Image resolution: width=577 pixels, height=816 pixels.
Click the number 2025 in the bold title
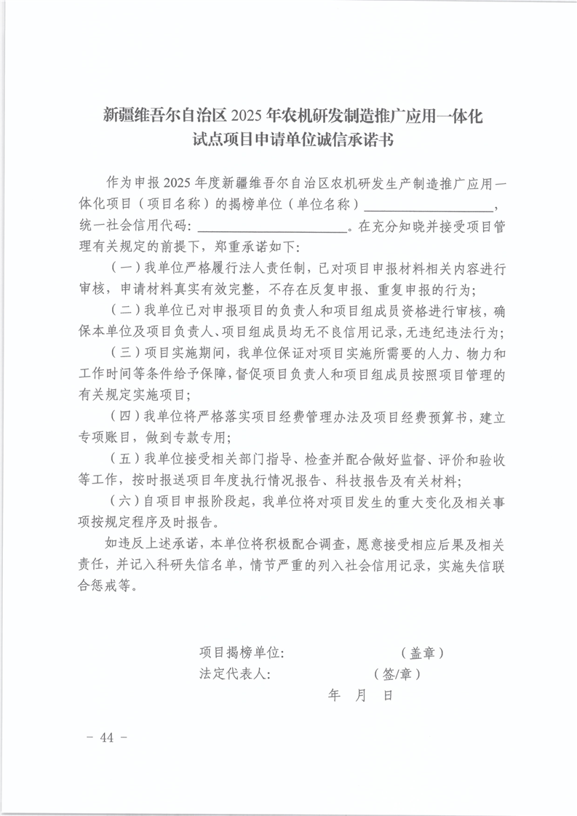click(248, 115)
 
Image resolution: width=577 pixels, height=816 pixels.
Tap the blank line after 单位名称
click(429, 207)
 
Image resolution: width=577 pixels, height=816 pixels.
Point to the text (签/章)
click(396, 674)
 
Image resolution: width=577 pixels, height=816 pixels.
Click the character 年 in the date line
click(335, 696)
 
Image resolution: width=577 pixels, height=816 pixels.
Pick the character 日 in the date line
click(388, 696)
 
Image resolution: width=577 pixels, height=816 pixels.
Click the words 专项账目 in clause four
click(106, 439)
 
